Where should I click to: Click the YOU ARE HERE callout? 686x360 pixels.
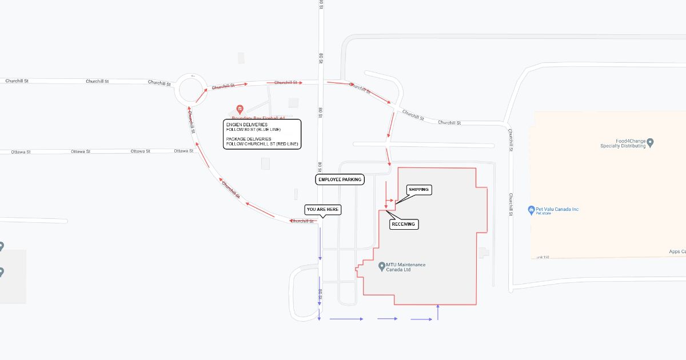[322, 210]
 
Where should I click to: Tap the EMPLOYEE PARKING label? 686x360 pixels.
[340, 179]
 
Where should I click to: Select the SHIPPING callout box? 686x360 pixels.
[418, 189]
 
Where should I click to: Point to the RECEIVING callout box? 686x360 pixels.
[404, 225]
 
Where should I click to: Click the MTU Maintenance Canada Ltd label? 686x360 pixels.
[405, 267]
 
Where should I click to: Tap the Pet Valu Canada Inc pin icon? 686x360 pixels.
[531, 210]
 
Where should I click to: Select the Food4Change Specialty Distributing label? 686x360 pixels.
[623, 143]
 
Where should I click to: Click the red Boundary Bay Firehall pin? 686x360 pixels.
[240, 109]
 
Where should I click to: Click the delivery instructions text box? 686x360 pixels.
[262, 134]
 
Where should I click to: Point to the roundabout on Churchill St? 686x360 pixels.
[193, 90]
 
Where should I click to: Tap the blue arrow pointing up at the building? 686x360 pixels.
[437, 311]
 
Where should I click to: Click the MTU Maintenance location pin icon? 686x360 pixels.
[381, 265]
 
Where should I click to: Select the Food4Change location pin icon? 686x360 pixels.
[650, 142]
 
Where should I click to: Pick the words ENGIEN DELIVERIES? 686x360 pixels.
[246, 125]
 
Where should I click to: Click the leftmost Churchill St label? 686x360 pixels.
[17, 81]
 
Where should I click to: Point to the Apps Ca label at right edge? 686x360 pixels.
[677, 251]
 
